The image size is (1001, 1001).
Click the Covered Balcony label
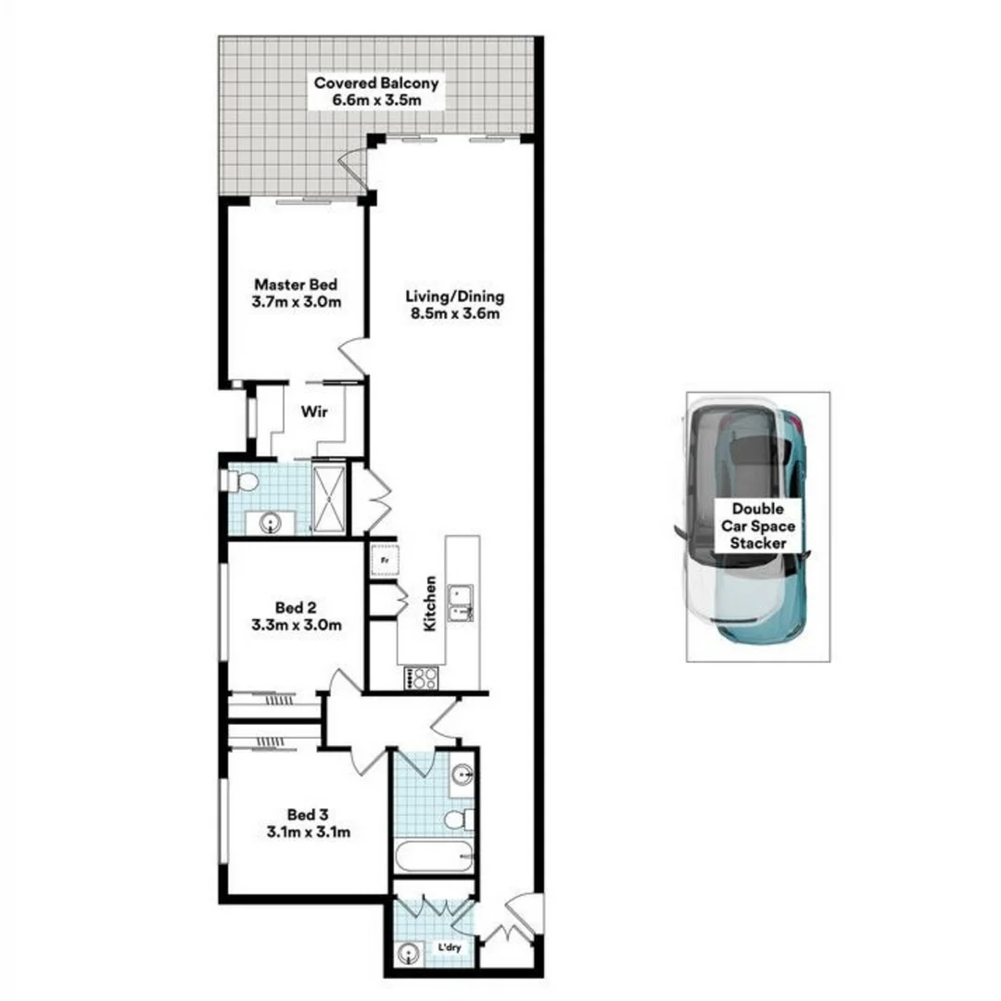tap(376, 91)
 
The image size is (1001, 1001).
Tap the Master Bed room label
tap(296, 293)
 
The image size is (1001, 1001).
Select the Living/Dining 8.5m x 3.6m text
tap(454, 305)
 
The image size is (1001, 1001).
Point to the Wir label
tap(310, 411)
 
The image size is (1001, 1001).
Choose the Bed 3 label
tap(303, 823)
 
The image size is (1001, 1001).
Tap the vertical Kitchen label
tap(430, 603)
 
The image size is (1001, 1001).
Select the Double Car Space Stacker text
tap(757, 526)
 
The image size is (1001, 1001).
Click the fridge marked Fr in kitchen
tap(385, 560)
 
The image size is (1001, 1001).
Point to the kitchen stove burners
tap(422, 678)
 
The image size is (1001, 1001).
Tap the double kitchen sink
tap(460, 602)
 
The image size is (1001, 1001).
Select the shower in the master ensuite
tap(329, 499)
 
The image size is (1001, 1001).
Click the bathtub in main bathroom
tap(435, 857)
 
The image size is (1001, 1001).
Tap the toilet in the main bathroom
tap(459, 819)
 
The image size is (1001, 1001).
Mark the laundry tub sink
tap(410, 952)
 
